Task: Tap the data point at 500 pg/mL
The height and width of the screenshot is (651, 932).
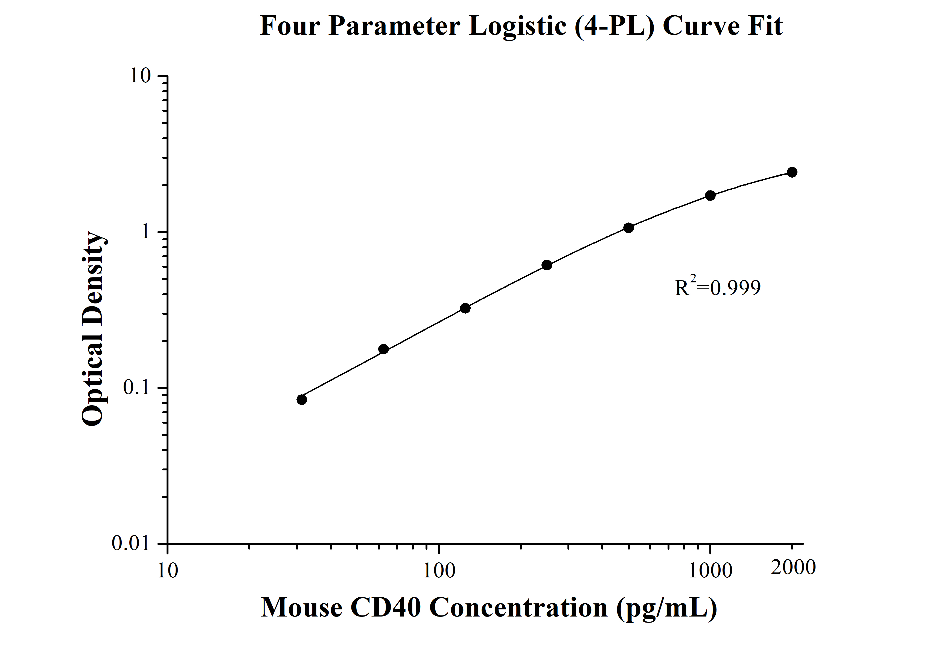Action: [x=628, y=228]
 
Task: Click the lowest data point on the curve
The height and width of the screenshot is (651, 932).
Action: [x=302, y=400]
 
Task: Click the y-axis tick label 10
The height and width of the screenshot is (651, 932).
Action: [x=140, y=76]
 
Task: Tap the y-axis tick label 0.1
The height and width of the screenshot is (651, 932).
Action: [x=137, y=388]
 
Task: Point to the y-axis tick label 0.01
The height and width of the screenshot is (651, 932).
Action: [x=131, y=543]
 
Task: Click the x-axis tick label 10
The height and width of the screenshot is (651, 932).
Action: [x=167, y=571]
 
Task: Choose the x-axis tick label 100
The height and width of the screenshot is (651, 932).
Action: [x=439, y=571]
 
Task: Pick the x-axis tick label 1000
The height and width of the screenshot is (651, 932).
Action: [x=710, y=571]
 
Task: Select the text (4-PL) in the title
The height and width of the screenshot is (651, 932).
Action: [x=614, y=26]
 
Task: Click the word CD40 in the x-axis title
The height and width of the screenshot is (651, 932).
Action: [x=385, y=608]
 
